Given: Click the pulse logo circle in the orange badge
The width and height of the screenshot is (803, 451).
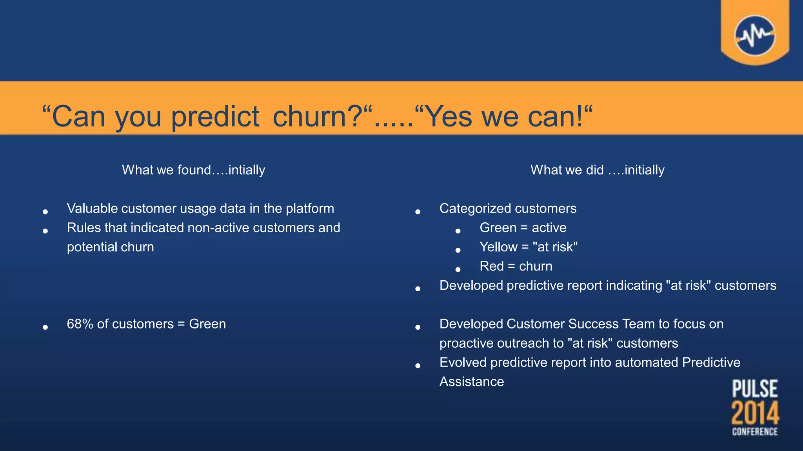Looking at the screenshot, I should click(755, 36).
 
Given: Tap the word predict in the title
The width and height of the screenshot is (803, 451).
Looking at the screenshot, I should click(215, 117).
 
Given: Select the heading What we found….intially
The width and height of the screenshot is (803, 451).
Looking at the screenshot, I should click(193, 170).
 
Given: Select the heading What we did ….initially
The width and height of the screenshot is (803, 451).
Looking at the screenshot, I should click(597, 170).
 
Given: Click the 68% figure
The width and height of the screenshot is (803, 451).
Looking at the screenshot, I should click(80, 324).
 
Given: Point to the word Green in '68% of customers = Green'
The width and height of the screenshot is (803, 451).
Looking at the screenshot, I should click(207, 324).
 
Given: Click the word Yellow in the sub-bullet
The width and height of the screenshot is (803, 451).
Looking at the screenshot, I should click(498, 247).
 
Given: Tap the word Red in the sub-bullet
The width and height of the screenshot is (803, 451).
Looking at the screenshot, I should click(491, 266).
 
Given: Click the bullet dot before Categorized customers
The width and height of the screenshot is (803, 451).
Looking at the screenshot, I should click(418, 212).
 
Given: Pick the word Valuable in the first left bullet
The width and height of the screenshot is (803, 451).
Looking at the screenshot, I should click(92, 209).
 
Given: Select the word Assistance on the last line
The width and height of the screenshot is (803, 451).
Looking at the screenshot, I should click(471, 382).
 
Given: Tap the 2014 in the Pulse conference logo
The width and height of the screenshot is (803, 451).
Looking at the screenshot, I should click(755, 413).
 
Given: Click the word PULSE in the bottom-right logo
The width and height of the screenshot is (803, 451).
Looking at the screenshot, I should click(755, 389).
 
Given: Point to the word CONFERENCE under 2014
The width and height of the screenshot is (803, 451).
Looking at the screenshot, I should click(755, 432).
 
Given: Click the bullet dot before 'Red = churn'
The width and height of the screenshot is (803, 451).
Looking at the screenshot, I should click(458, 269).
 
